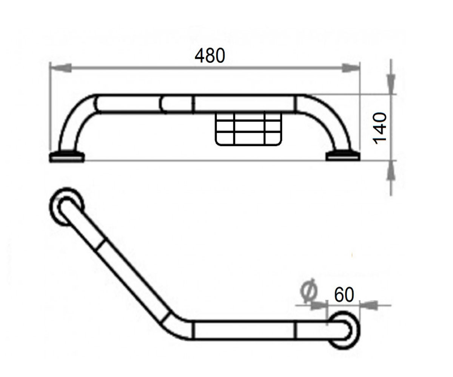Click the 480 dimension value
pyautogui.click(x=210, y=56)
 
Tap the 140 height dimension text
pyautogui.click(x=379, y=128)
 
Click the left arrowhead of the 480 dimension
pyautogui.click(x=60, y=68)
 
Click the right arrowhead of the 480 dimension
pyautogui.click(x=351, y=68)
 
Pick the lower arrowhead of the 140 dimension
pyautogui.click(x=391, y=171)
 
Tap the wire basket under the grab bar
pyautogui.click(x=248, y=129)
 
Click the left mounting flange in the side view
pyautogui.click(x=67, y=156)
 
